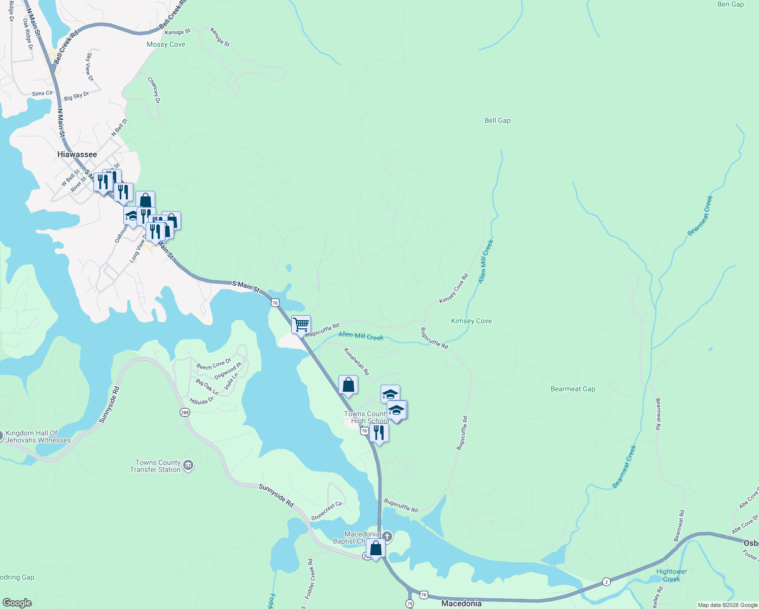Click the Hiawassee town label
(x=77, y=154)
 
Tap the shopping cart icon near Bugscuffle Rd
(x=301, y=325)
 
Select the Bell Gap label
(x=497, y=120)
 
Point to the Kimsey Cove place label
(x=471, y=321)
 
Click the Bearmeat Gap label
(x=573, y=389)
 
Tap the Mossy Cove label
(x=166, y=45)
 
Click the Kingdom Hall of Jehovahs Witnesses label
(x=38, y=436)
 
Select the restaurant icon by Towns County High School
(x=379, y=433)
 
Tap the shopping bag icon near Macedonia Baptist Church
(x=376, y=549)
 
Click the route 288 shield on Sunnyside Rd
(x=185, y=413)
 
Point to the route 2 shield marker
(x=606, y=582)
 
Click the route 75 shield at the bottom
(x=409, y=603)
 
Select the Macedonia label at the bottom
(x=461, y=603)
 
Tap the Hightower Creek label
(x=671, y=575)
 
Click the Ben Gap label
(x=731, y=5)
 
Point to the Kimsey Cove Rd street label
(x=454, y=289)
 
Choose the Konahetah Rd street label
(x=357, y=361)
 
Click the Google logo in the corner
(x=17, y=602)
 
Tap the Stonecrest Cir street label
(x=327, y=511)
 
